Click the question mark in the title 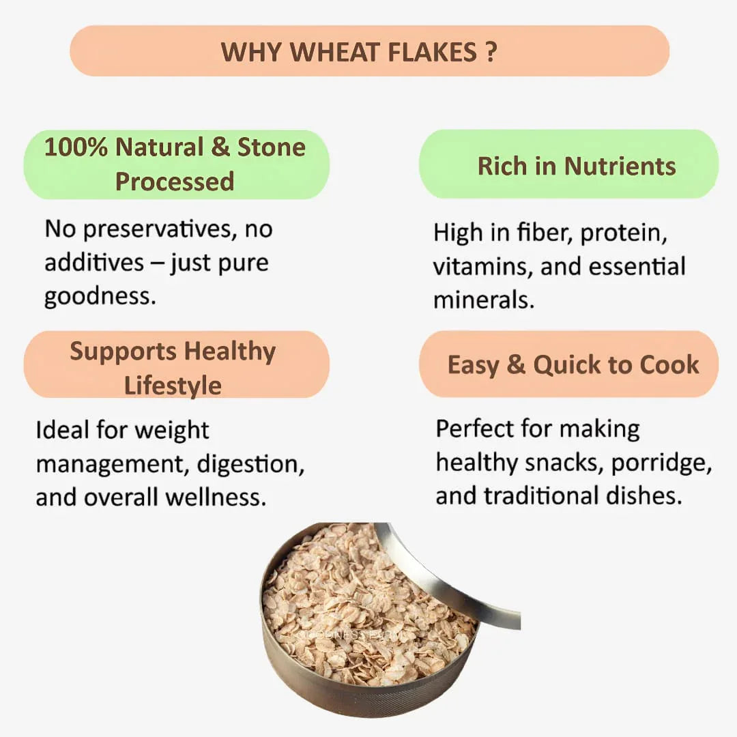click(491, 52)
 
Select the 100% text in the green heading click(75, 147)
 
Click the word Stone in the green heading click(271, 147)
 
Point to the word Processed click(175, 182)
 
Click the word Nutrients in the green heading click(620, 166)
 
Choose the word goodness click(98, 297)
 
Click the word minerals click(482, 300)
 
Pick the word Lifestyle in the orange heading click(173, 386)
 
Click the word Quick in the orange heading click(567, 364)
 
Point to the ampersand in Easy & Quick click(516, 364)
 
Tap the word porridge click(661, 463)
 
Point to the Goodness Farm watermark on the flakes click(355, 634)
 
